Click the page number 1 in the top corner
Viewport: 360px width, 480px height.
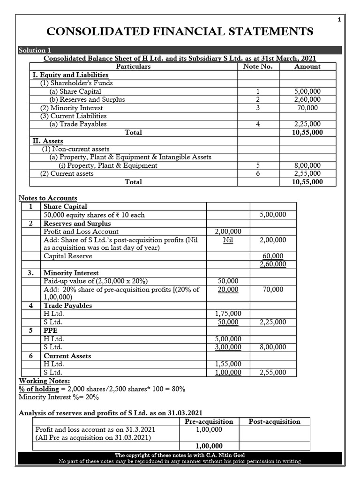(x=339, y=19)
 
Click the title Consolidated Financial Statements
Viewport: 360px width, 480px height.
(x=180, y=32)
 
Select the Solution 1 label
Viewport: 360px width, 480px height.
(x=32, y=50)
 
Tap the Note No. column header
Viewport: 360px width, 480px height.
(x=257, y=67)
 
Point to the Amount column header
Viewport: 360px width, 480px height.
(x=307, y=67)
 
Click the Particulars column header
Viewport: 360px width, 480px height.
(x=134, y=67)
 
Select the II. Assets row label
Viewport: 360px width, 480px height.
(x=47, y=141)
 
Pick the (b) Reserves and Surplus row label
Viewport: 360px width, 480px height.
(x=87, y=99)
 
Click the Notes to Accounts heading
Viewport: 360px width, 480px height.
(x=48, y=198)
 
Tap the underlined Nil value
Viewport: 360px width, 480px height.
(x=228, y=240)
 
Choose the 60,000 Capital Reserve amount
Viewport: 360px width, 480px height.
(x=273, y=256)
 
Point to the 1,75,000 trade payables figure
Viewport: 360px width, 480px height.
(x=228, y=314)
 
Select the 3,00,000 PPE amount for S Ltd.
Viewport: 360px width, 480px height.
(x=228, y=347)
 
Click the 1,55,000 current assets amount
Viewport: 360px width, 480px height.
(x=228, y=364)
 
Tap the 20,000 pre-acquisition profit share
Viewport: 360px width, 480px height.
(x=228, y=289)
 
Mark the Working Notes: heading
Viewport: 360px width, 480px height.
(x=44, y=381)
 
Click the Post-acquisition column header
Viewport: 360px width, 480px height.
(x=274, y=421)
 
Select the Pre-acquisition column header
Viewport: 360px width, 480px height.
(x=209, y=421)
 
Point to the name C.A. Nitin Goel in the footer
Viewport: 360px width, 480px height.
(x=225, y=455)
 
